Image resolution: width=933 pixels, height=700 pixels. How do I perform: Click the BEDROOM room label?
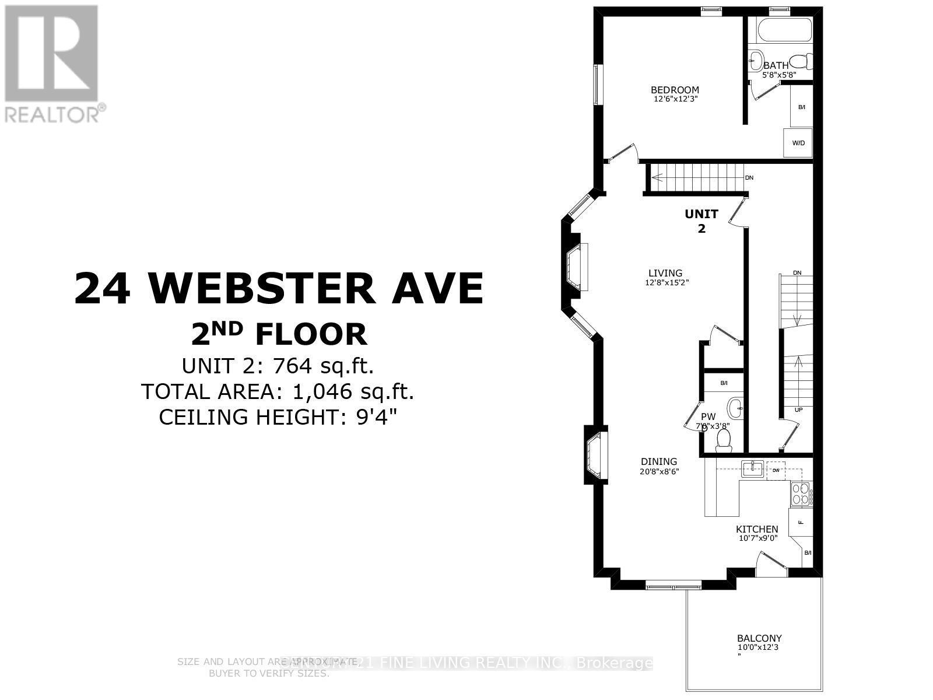[675, 90]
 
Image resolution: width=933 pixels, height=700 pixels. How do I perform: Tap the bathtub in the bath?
[783, 30]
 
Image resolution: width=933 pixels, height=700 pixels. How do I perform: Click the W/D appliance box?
[798, 143]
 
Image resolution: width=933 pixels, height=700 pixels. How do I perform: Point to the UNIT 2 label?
[701, 221]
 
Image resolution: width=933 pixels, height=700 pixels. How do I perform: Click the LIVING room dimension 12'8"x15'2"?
[665, 282]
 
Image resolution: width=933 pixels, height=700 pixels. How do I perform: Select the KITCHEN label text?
[756, 529]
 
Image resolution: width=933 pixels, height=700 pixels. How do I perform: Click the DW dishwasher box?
[776, 470]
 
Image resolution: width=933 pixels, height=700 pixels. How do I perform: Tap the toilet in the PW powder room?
[724, 441]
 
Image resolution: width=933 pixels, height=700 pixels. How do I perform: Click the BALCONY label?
[759, 638]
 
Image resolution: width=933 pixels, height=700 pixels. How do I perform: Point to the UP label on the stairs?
[798, 409]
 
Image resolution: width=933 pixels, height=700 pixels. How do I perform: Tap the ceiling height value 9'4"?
[378, 417]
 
